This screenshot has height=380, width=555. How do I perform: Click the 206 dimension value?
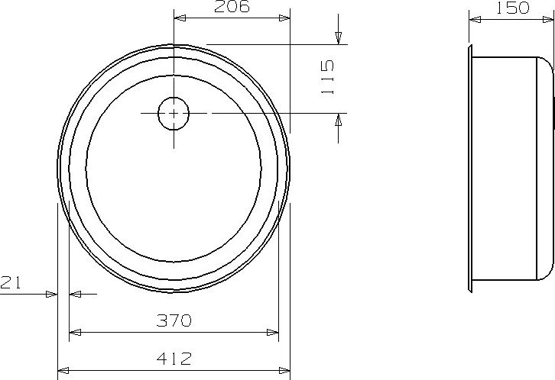pos(232,6)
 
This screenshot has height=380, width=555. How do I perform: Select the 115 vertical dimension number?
pos(328,77)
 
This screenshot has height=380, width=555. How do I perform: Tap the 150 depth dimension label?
pos(512,8)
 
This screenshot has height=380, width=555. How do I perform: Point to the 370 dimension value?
pos(174,320)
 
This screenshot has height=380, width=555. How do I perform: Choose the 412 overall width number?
pos(174,359)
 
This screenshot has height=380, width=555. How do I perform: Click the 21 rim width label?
pos(11,282)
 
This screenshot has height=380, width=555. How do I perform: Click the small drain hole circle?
pos(174,114)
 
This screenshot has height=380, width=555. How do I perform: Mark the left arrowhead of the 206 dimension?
pos(180,18)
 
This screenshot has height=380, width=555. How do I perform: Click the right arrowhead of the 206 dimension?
pos(284,18)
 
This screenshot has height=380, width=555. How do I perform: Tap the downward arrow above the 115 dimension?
pos(339,38)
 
